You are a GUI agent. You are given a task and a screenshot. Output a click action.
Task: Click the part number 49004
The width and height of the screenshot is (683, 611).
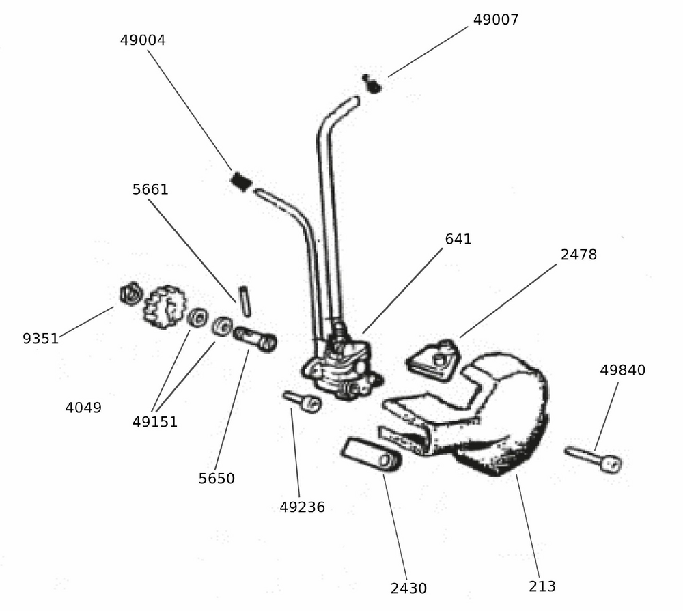[143, 40]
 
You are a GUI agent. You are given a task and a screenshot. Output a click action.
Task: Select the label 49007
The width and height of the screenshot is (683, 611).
[496, 20]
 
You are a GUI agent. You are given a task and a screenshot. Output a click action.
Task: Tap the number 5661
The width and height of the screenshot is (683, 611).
[150, 190]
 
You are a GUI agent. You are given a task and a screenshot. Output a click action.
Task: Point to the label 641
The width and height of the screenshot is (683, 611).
[458, 240]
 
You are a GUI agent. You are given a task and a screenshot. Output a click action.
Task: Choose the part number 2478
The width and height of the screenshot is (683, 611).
[579, 255]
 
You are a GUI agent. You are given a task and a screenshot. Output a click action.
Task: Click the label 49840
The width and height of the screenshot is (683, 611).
[622, 371]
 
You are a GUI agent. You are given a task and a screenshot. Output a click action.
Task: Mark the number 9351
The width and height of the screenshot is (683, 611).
[40, 339]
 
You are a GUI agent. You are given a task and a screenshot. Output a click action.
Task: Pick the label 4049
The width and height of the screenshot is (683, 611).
[83, 408]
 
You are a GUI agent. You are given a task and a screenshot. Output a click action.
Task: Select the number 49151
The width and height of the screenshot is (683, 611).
[155, 422]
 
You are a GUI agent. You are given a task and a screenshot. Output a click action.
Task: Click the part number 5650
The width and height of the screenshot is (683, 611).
[217, 479]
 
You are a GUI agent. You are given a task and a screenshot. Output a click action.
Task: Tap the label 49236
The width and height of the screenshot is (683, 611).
[302, 507]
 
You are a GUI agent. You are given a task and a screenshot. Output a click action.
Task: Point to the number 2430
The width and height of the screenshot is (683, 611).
[408, 588]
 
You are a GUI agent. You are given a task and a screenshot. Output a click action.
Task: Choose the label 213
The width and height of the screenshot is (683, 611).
[542, 586]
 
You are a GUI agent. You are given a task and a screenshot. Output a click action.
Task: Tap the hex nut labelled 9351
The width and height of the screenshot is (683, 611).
[129, 294]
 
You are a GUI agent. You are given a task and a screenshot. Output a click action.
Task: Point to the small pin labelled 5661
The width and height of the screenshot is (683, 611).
[245, 300]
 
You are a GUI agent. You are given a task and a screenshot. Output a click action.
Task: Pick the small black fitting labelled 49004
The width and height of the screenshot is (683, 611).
[240, 182]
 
